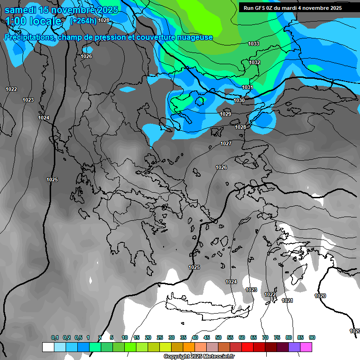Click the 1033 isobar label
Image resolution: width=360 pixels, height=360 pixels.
coord(254,44)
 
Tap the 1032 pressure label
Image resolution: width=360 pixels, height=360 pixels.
coord(255,62)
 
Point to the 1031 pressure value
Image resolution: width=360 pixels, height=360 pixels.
coord(247,88)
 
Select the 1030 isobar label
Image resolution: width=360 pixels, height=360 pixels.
coord(239,100)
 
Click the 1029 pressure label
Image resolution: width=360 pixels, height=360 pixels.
coord(225,114)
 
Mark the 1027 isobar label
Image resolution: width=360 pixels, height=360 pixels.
coord(226,143)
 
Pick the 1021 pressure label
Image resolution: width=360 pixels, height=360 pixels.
coord(287,300)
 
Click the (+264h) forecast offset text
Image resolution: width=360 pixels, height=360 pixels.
coord(83,21)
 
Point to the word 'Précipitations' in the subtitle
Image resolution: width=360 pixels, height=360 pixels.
coord(29,37)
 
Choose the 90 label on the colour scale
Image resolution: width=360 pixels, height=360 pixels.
coord(312,337)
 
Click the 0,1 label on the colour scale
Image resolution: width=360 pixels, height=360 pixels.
coord(55,337)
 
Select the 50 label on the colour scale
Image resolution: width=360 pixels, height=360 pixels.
coord(218,337)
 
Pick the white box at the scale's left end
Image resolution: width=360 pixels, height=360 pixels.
coord(48,347)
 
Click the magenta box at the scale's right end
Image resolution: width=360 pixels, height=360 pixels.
coord(306,347)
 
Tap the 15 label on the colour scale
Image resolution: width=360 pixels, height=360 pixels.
coord(136,337)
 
